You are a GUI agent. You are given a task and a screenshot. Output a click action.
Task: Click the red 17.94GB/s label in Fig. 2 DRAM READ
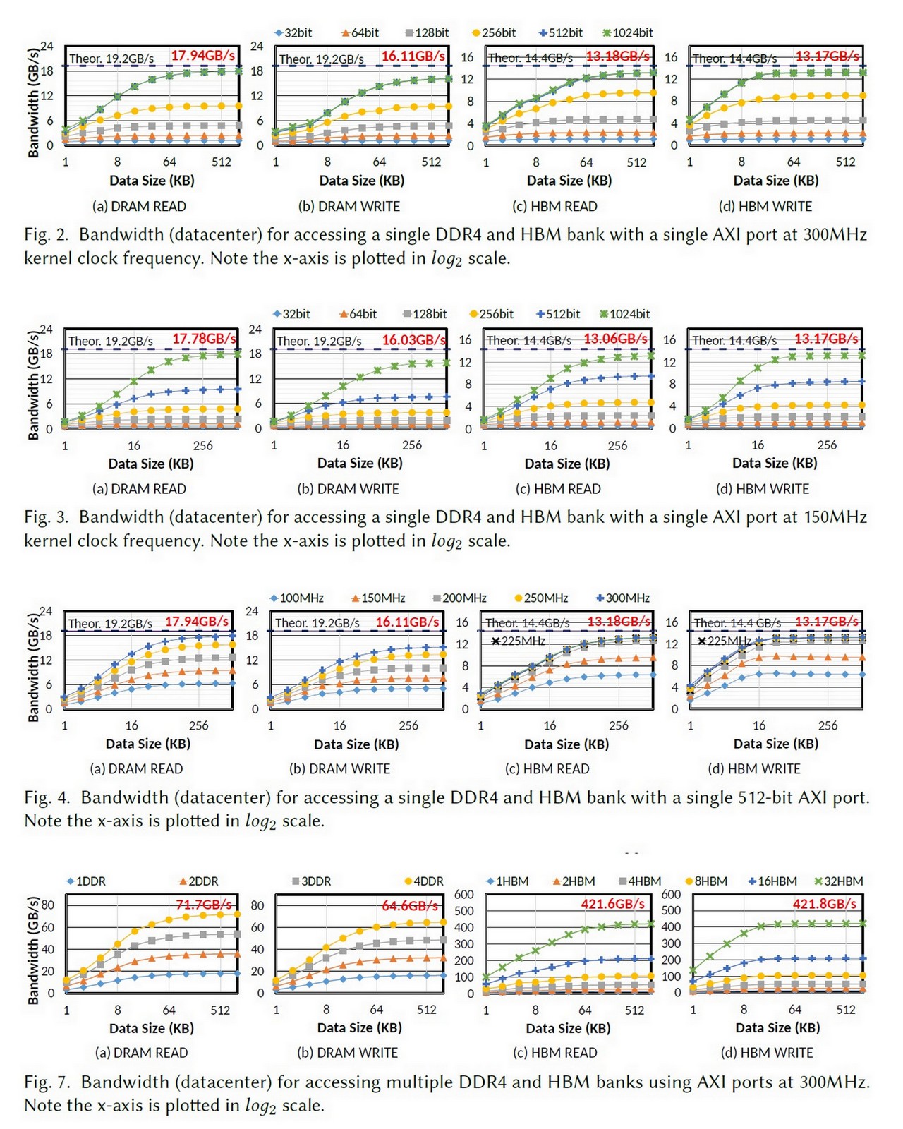pos(202,56)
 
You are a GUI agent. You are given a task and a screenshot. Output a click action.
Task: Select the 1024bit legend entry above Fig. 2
pos(628,32)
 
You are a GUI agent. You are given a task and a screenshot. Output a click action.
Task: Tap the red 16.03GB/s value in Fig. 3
pos(414,340)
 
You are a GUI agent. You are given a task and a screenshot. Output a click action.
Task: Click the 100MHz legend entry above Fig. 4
pos(297,598)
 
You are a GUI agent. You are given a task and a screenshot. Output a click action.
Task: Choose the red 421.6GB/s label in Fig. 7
pos(612,904)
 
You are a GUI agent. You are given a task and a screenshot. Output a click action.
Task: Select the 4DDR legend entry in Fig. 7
pos(424,881)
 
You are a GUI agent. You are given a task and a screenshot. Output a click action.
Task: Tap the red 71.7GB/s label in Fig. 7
pos(204,905)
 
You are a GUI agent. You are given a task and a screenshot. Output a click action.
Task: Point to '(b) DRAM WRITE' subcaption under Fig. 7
pos(348,1053)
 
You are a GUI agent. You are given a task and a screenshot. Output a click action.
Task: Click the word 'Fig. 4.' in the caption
pos(47,798)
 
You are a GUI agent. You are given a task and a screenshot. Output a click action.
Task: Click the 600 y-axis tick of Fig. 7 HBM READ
pos(464,894)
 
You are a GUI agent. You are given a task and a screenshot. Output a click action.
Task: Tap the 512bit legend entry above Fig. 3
pos(559,314)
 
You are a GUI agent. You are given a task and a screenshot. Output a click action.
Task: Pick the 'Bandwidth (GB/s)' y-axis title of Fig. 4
pos(32,667)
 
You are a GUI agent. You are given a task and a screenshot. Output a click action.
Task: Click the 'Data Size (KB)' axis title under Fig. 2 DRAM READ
pos(152,181)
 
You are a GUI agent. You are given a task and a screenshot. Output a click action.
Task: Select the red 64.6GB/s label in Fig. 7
pos(410,905)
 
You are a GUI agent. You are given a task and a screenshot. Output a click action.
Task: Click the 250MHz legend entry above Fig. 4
pos(541,598)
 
